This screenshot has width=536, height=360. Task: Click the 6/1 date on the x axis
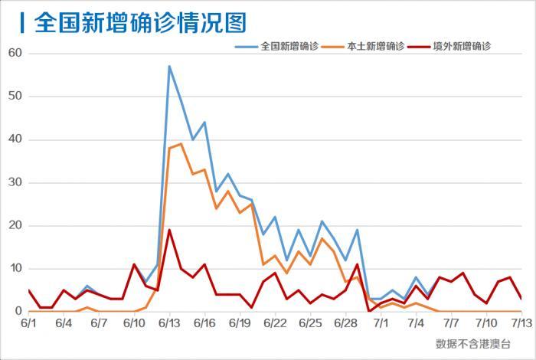[28, 324]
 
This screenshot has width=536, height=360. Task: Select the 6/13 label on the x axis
[169, 324]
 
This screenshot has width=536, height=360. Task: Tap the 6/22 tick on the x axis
[275, 324]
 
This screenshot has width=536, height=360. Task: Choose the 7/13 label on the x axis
[521, 324]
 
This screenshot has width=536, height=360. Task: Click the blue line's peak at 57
[169, 67]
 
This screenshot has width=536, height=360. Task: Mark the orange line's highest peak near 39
[181, 144]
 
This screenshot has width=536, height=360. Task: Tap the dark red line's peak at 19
[169, 230]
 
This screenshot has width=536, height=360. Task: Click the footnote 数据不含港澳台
[472, 343]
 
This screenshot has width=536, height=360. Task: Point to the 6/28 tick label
[346, 324]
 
